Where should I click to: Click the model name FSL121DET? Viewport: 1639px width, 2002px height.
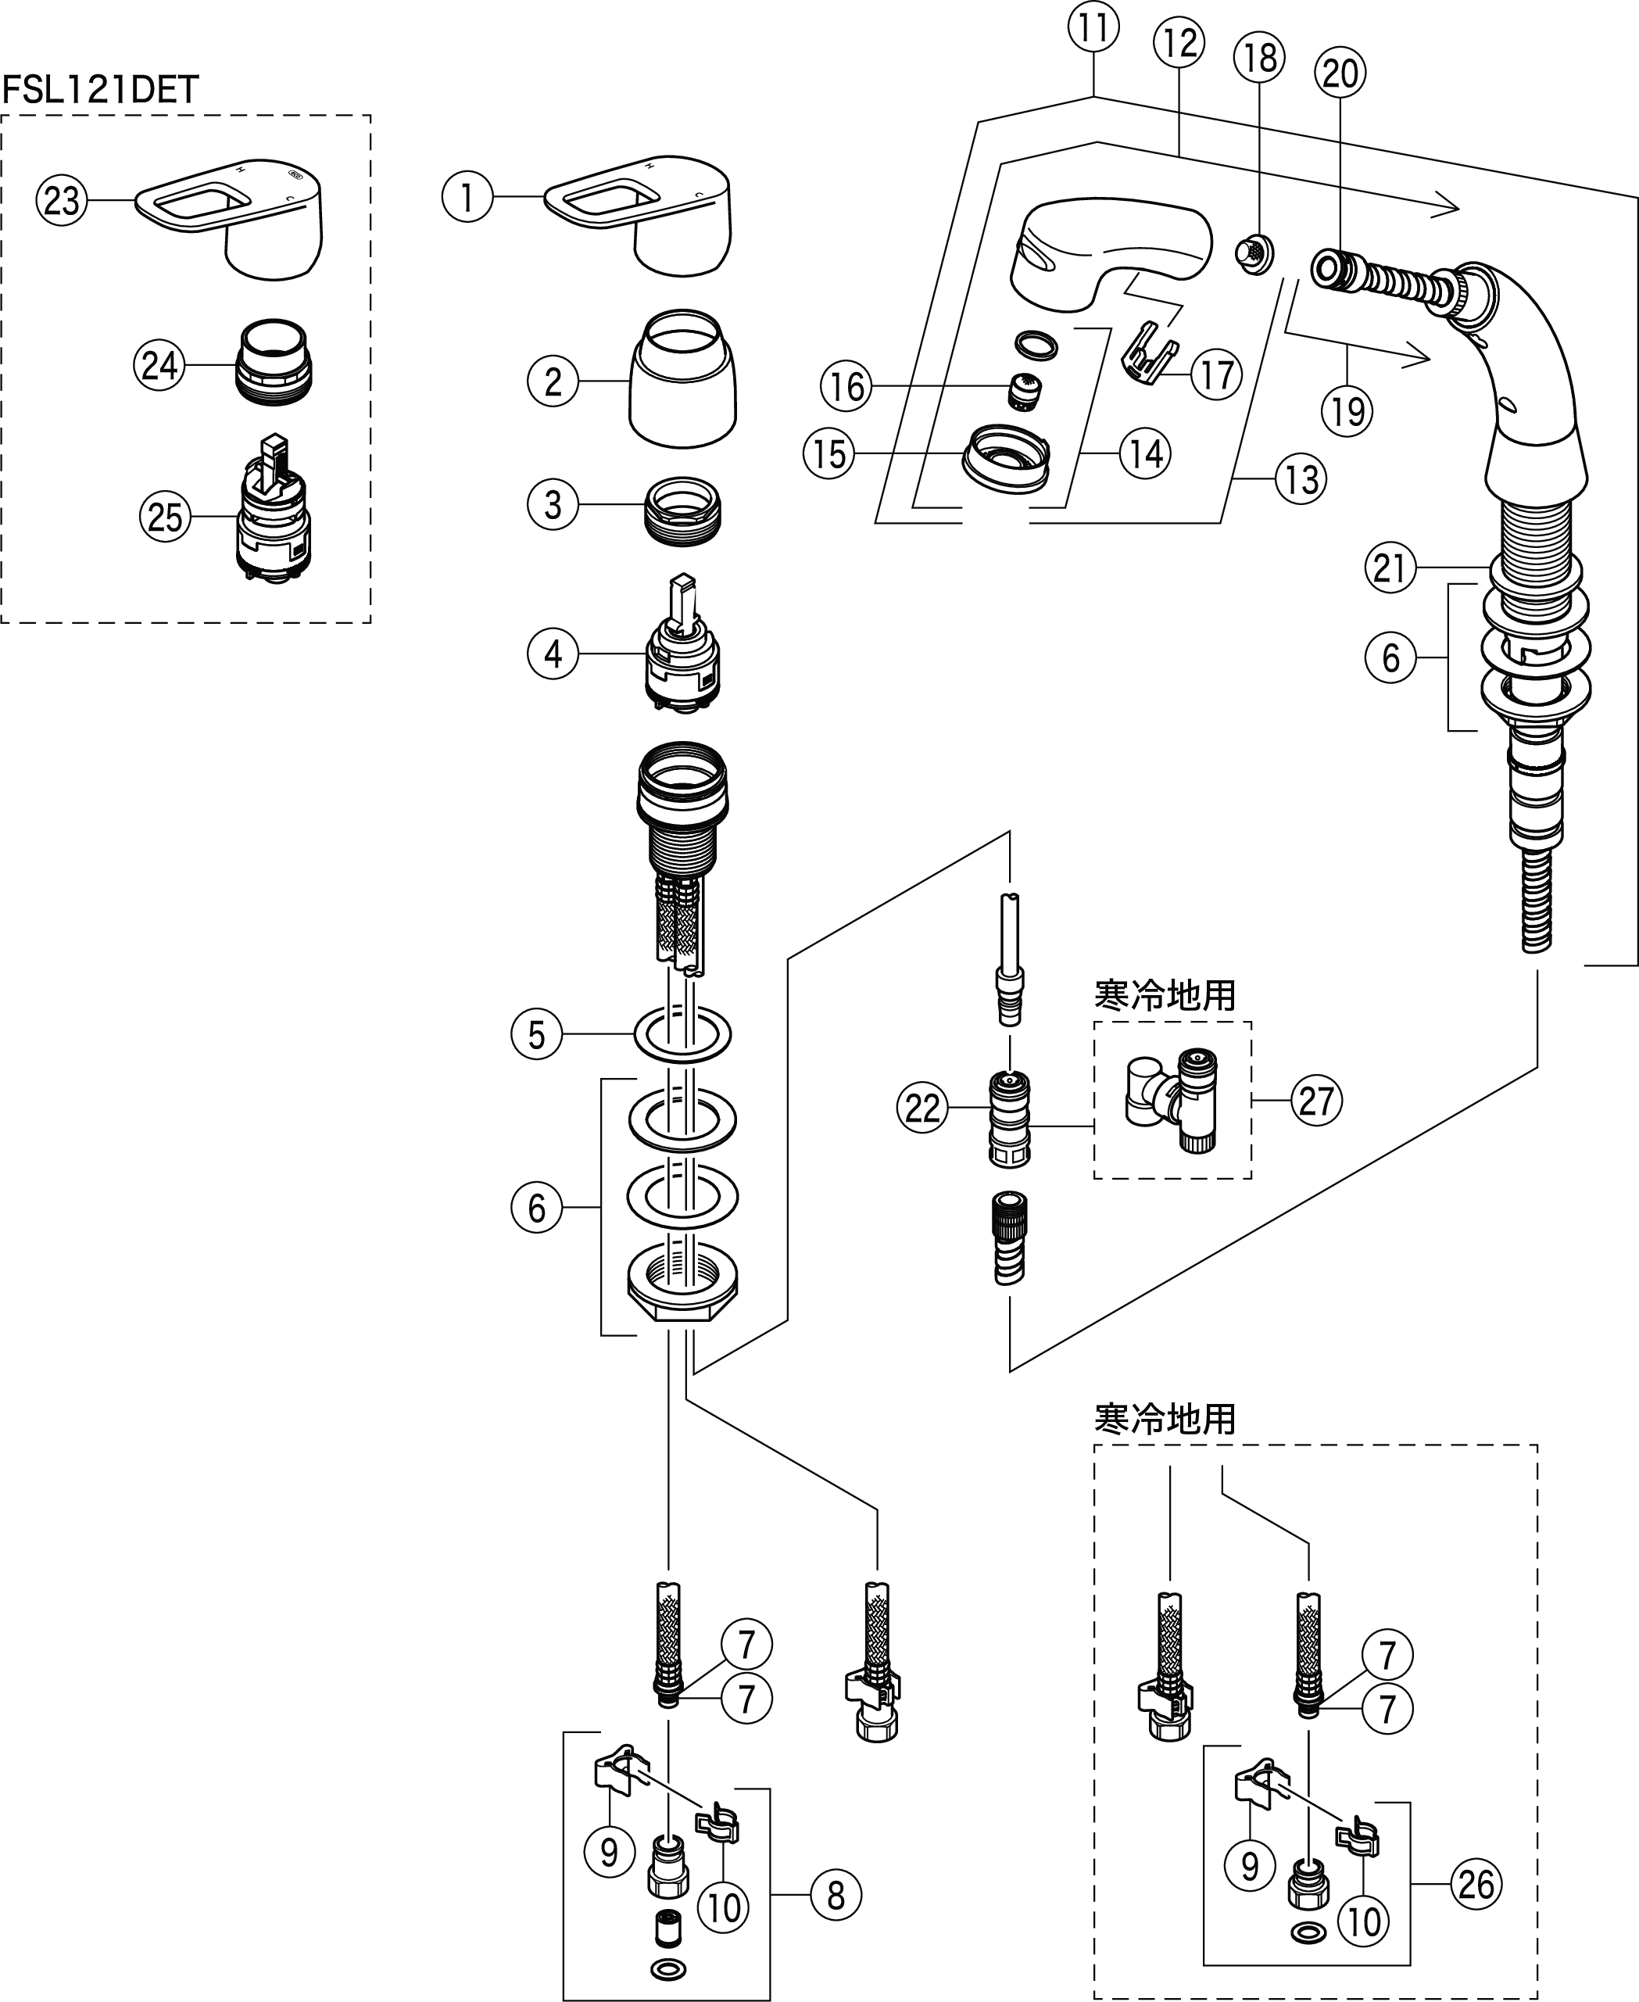100,90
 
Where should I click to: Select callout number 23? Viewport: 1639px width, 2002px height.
62,200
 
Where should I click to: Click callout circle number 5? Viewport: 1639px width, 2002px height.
536,1034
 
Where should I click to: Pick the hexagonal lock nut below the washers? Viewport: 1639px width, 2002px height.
682,1289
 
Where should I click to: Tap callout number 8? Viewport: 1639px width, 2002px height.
836,1894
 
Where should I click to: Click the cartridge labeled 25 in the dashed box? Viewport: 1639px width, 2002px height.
273,514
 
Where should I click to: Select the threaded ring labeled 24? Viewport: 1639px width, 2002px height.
273,364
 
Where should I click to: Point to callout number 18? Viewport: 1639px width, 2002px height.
1259,58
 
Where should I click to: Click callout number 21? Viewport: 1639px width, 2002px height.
1390,568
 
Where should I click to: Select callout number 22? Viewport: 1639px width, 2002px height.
921,1107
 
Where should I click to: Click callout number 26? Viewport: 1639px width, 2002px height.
1476,1884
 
